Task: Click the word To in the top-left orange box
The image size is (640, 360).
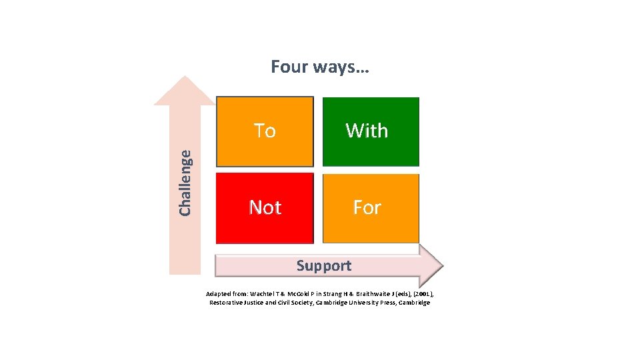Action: (265, 131)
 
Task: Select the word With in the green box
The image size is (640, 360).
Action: (367, 131)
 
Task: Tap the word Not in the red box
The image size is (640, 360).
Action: (265, 207)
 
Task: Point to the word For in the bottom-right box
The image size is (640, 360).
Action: (367, 207)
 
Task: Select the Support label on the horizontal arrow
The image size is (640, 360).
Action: (323, 265)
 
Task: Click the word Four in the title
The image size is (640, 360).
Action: (289, 67)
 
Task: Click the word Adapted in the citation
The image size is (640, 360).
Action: (218, 294)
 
